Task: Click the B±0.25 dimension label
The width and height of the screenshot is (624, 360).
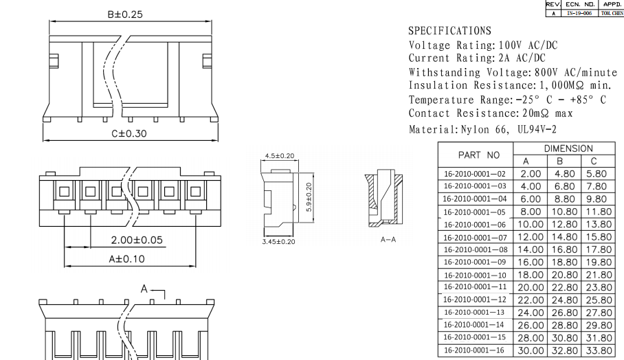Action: pyautogui.click(x=124, y=14)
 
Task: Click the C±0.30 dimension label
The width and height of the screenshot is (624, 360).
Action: pyautogui.click(x=129, y=133)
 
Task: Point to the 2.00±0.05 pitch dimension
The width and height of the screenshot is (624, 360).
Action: pyautogui.click(x=137, y=240)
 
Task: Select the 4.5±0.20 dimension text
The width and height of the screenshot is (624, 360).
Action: pyautogui.click(x=280, y=156)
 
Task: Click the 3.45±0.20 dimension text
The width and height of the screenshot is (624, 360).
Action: pyautogui.click(x=279, y=242)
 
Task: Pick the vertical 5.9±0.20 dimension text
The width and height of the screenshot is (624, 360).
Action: pyautogui.click(x=309, y=196)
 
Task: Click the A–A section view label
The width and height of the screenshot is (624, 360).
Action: pyautogui.click(x=388, y=240)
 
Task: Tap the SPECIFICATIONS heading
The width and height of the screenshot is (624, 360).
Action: pyautogui.click(x=449, y=31)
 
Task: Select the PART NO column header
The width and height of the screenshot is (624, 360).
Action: pyautogui.click(x=474, y=155)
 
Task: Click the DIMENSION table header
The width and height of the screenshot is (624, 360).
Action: pyautogui.click(x=568, y=148)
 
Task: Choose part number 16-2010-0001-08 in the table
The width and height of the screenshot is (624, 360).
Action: pyautogui.click(x=474, y=249)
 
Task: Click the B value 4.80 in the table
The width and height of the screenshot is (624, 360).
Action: pyautogui.click(x=565, y=174)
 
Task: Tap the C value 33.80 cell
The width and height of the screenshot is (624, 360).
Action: pyautogui.click(x=598, y=350)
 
